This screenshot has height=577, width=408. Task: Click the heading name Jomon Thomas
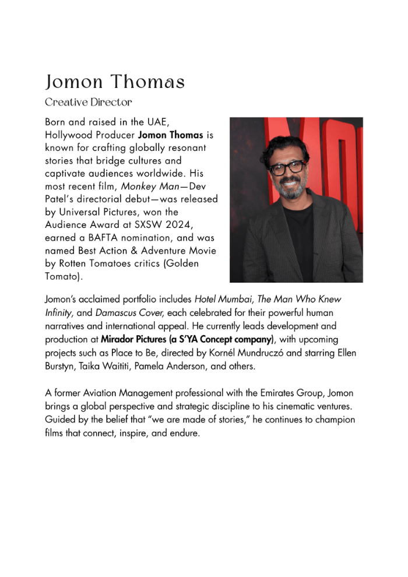[115, 82]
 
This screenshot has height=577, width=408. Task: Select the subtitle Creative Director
[89, 103]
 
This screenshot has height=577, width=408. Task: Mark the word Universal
[77, 212]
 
